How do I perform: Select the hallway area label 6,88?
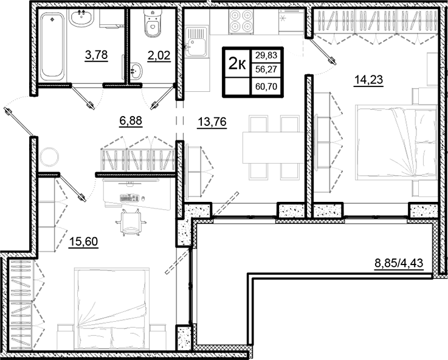[131, 120]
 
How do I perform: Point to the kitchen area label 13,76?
[208, 120]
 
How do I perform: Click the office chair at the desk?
[131, 221]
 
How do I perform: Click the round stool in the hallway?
[50, 158]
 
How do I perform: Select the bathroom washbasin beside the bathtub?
[81, 18]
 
